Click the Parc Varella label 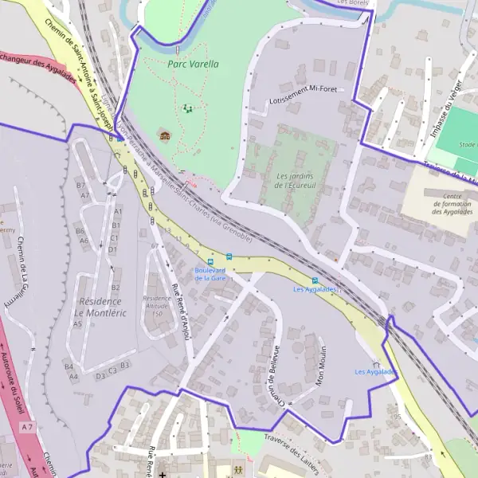[193, 63]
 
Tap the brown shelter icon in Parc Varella [165, 134]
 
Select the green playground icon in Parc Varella [188, 108]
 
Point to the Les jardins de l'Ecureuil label [293, 180]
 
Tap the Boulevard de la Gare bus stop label [210, 274]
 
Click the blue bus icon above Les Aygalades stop [315, 280]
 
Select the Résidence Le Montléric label [99, 307]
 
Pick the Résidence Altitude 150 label [157, 306]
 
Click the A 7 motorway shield [28, 428]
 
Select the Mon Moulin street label [321, 365]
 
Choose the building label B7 [80, 186]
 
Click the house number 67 [154, 246]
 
